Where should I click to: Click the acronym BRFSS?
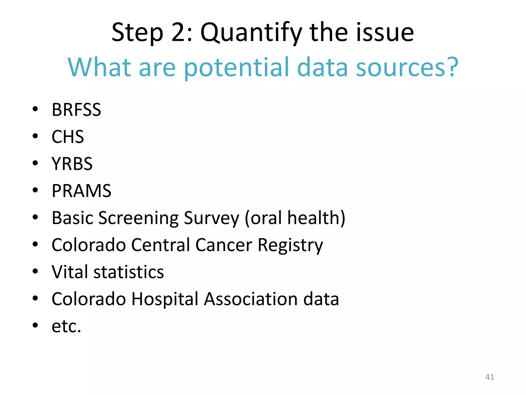[x=76, y=110]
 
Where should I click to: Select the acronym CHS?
[x=68, y=137]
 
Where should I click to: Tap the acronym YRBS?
[x=72, y=164]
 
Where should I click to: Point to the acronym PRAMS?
[x=81, y=191]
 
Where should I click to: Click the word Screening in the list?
[x=138, y=218]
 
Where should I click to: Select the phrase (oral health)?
[x=295, y=218]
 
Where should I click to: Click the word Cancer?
[x=224, y=245]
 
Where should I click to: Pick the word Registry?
[x=290, y=245]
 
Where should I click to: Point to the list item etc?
[x=66, y=326]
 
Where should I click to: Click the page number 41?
[x=490, y=377]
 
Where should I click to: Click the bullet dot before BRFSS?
[x=35, y=109]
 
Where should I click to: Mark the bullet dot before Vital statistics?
[x=35, y=271]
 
